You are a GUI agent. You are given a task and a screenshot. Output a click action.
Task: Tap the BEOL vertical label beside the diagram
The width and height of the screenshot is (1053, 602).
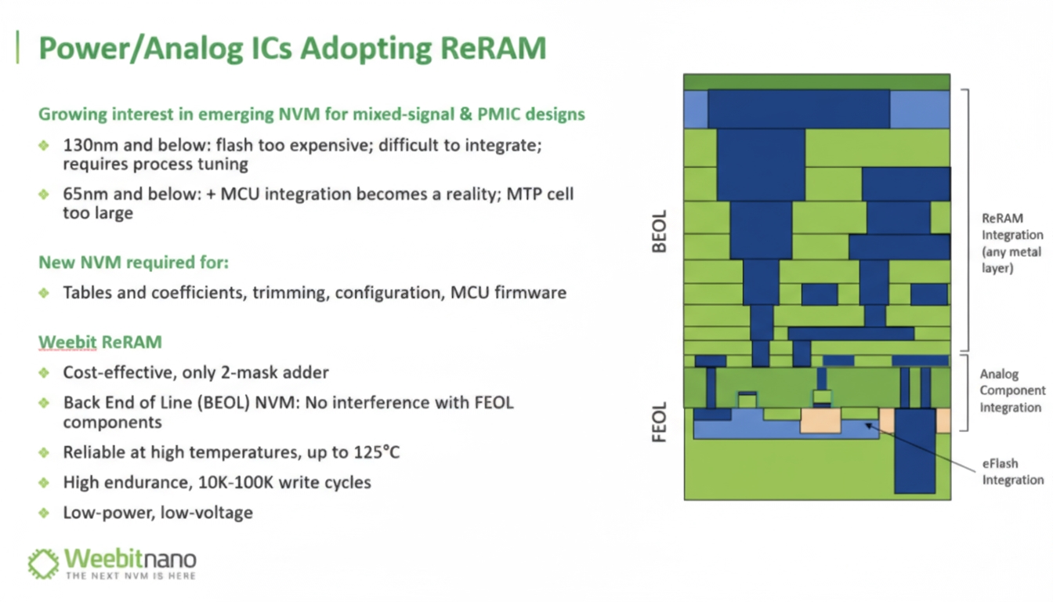(660, 231)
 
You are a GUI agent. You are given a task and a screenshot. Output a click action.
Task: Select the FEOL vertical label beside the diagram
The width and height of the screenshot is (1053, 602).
(660, 422)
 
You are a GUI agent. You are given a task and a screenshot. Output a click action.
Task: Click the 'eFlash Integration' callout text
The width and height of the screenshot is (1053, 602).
(1012, 472)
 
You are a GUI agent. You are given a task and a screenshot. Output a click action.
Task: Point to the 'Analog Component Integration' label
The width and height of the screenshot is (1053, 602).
(1012, 391)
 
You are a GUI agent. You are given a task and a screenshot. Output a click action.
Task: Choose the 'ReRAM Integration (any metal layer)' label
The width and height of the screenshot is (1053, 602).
(1011, 243)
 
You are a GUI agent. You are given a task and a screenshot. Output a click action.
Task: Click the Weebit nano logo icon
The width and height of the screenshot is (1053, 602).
(43, 564)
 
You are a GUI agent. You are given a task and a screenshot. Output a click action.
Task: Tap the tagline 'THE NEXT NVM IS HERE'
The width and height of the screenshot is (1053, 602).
(131, 575)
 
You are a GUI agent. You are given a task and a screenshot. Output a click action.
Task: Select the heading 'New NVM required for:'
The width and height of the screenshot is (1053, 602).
(133, 263)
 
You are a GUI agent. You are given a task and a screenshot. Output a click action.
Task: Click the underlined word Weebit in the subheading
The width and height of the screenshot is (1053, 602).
(67, 342)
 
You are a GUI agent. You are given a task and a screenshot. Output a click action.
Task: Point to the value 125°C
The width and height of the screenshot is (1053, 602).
(377, 452)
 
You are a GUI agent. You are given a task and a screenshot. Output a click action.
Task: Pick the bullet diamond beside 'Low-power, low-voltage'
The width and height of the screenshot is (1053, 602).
(44, 513)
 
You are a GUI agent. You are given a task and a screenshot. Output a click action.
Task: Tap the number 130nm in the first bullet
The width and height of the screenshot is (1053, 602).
(91, 145)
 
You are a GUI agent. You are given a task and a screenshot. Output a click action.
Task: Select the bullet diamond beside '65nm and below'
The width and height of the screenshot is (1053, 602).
(44, 194)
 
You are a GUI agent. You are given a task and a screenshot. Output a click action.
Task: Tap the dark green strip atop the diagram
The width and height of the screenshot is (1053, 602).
(816, 82)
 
